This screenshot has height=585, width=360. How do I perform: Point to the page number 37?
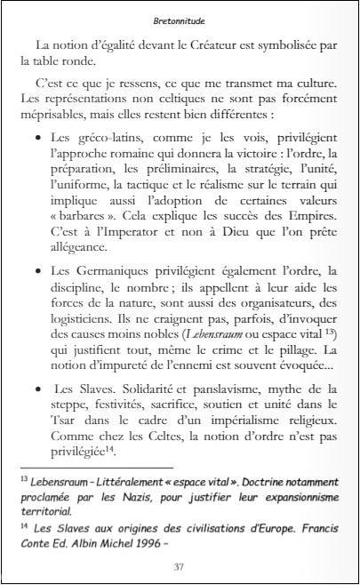(180, 566)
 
